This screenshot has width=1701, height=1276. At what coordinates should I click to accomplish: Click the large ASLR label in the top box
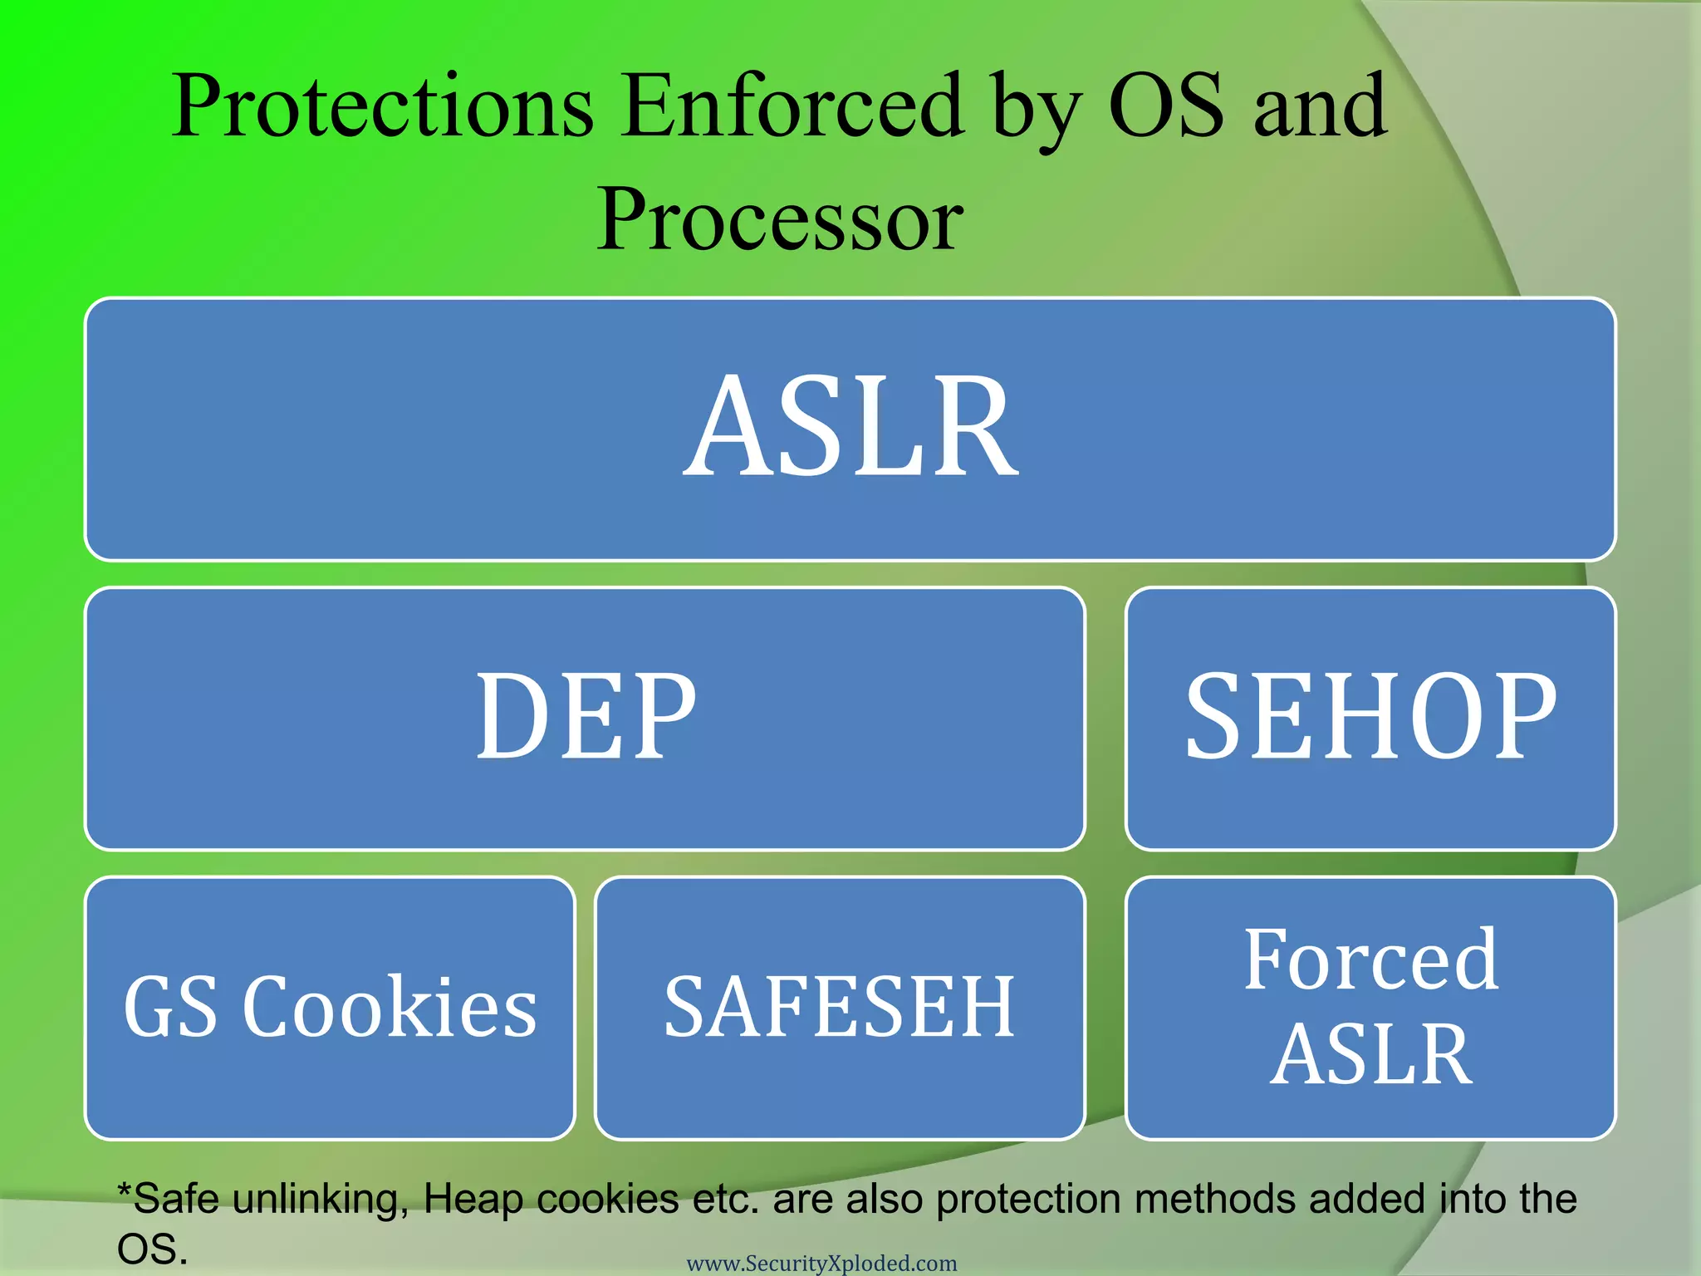(850, 427)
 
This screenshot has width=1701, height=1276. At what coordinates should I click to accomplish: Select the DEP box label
(585, 716)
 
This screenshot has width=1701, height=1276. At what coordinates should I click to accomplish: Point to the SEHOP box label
(1370, 716)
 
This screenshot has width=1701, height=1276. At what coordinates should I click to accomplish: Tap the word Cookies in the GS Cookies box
(390, 1007)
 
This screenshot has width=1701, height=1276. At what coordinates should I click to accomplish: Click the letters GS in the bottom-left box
(170, 1007)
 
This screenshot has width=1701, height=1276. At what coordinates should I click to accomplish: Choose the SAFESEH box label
(840, 1007)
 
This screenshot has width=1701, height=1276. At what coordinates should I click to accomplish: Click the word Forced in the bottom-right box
(1370, 959)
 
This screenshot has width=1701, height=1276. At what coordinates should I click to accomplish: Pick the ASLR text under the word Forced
(1370, 1055)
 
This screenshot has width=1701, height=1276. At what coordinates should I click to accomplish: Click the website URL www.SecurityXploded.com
(821, 1264)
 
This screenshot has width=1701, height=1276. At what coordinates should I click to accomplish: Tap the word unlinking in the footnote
(320, 1199)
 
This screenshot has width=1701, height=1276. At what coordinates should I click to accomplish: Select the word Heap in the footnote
(473, 1199)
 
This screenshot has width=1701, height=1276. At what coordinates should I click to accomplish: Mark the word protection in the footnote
(1028, 1199)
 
